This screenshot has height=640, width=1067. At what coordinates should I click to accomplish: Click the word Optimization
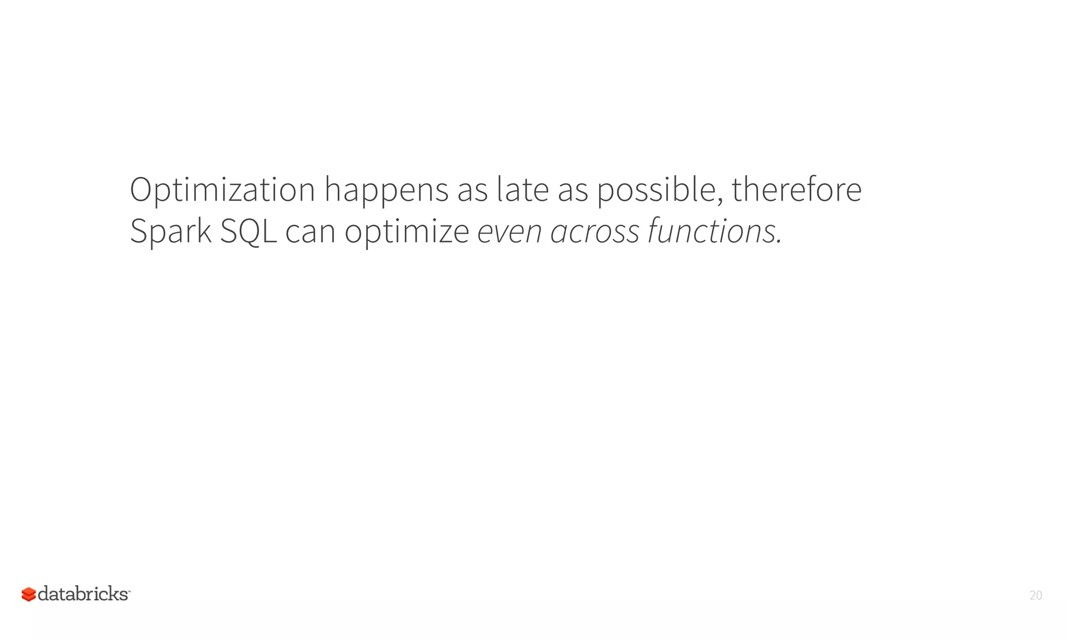coord(222,190)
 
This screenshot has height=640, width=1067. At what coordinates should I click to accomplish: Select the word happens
coord(386,190)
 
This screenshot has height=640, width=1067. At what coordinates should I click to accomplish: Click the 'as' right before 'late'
coord(473,190)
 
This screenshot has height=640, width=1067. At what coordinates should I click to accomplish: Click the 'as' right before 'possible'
coord(573,190)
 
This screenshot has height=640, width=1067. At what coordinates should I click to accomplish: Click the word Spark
coord(171,232)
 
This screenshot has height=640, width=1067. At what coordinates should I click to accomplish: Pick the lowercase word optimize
coord(407,232)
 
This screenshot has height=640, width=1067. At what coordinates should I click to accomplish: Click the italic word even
coord(509,232)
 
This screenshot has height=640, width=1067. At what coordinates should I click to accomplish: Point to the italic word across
coord(595,232)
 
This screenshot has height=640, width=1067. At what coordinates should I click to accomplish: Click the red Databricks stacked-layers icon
coord(29,594)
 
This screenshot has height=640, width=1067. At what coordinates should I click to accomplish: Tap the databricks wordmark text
coord(83,594)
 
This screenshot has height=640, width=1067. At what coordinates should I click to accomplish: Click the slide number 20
coord(1036,595)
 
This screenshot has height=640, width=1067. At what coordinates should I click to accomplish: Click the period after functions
coord(779,242)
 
